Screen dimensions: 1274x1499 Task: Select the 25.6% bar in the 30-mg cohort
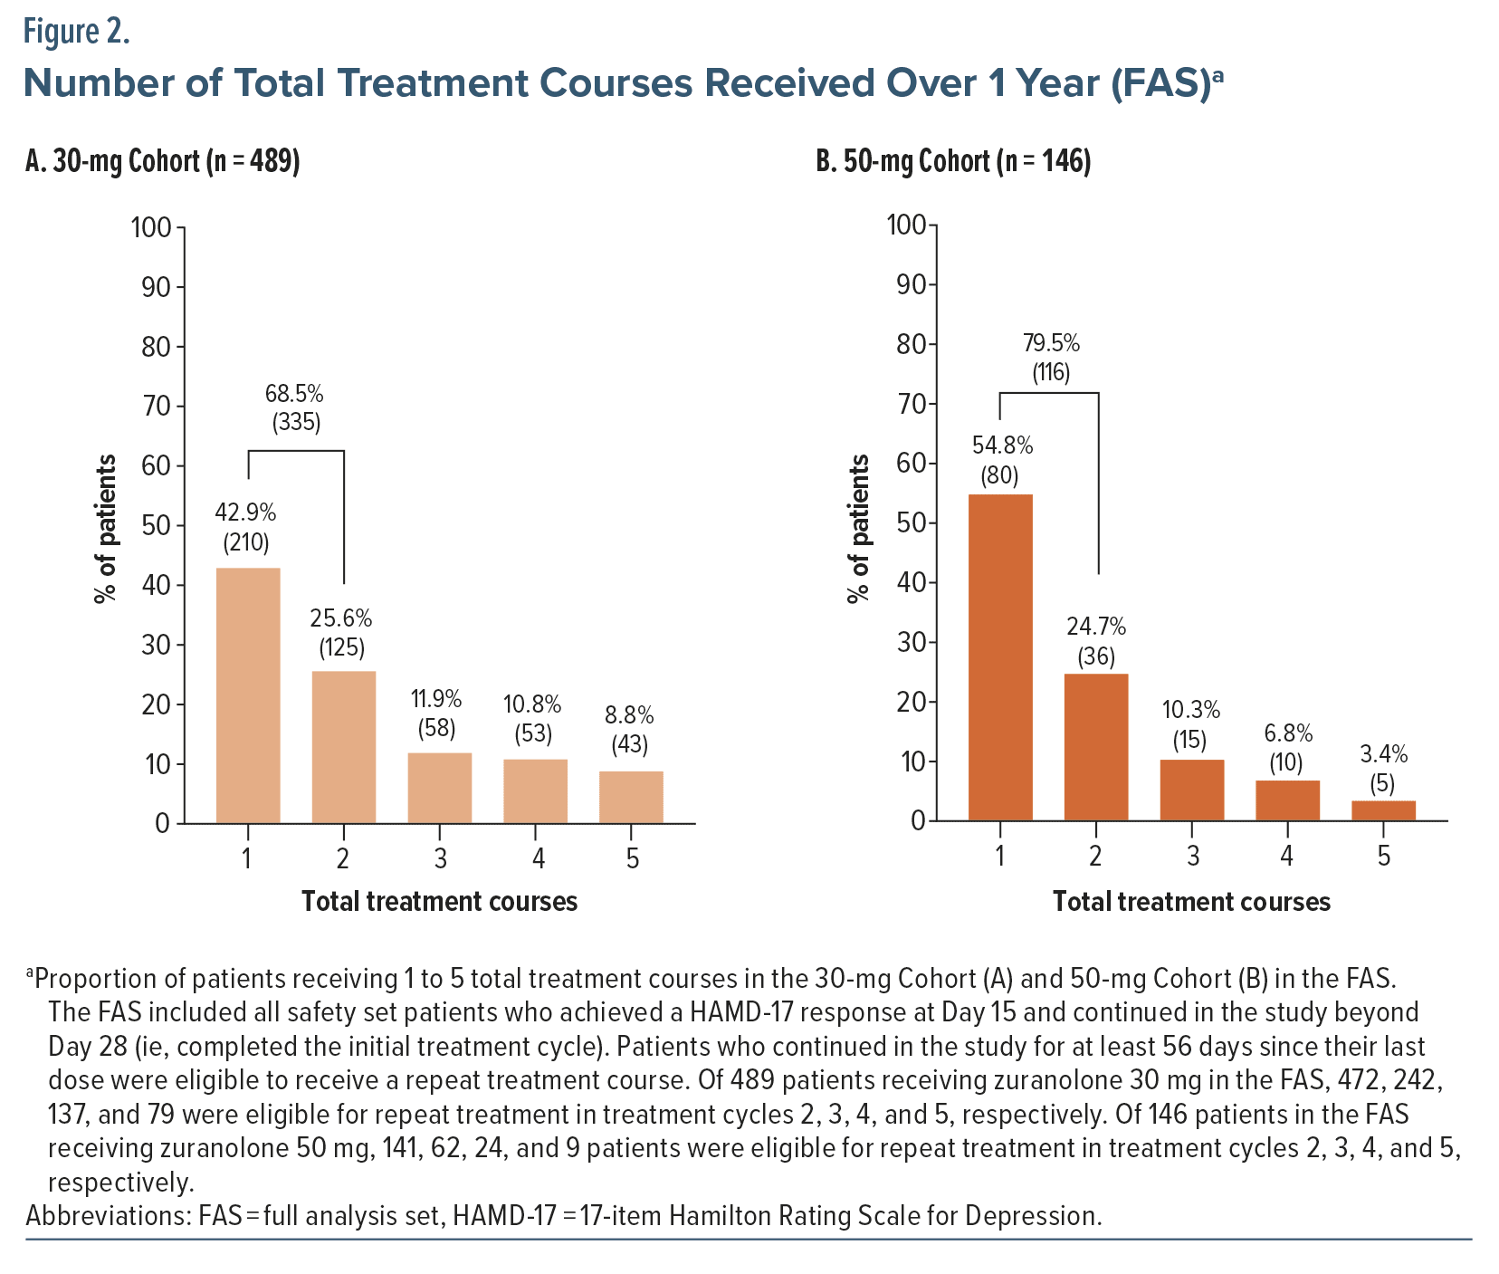(344, 747)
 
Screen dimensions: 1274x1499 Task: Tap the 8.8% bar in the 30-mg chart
(631, 797)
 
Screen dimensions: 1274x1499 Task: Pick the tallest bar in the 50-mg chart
(1000, 657)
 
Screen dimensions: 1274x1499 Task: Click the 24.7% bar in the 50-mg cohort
(1096, 747)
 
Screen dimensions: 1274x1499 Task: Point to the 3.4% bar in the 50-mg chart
(1383, 810)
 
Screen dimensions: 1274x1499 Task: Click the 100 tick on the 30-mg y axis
(151, 227)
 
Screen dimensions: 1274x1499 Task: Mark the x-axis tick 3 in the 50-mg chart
(1192, 856)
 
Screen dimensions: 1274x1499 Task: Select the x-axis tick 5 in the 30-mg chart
(632, 857)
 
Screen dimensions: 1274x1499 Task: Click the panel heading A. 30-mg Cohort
(163, 162)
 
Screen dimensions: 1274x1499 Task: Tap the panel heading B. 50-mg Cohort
(953, 162)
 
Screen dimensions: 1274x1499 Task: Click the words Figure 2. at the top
(77, 33)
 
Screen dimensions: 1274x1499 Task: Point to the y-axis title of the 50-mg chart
(858, 528)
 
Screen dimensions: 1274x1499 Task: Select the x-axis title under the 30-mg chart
(439, 902)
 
